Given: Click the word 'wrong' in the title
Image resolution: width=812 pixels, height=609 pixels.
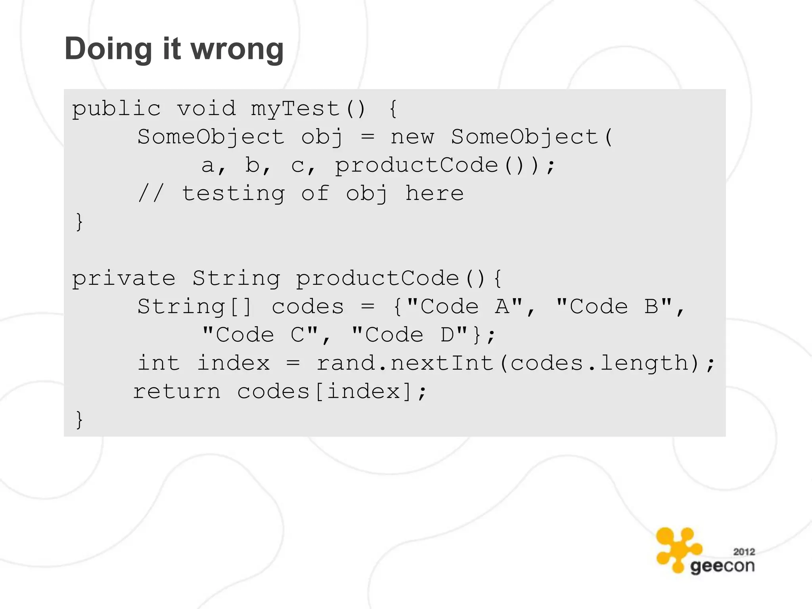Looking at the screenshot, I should point(237,49).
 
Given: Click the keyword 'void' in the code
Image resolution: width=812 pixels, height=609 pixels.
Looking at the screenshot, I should point(206,109).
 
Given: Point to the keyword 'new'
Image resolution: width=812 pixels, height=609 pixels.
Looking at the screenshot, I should point(412,137).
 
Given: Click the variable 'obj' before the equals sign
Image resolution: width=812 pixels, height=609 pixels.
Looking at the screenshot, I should point(322,137).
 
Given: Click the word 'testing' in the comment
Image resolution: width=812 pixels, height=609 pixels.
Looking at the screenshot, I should point(233,194).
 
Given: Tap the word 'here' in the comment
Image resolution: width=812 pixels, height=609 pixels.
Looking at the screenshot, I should point(434,194).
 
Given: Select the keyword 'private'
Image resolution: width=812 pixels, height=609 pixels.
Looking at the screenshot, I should point(123,278).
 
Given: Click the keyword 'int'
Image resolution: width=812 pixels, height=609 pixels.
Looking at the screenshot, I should point(159,364).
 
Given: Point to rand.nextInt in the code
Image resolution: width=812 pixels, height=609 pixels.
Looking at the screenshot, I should point(405,364).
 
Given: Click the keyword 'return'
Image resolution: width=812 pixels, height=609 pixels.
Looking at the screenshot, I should point(176,392).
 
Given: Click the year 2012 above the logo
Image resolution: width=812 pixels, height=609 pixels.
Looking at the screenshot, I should point(744,552).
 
